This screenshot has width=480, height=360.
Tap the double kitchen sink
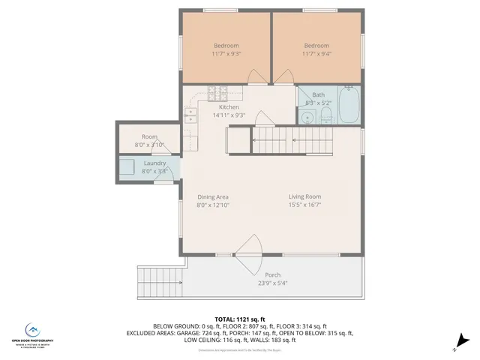(191, 115)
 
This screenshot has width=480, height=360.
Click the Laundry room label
(154, 167)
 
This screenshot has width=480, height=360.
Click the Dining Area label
(212, 201)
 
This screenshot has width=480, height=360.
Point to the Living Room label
(304, 201)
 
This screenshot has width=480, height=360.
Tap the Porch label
(272, 279)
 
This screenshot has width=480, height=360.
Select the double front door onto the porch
(247, 251)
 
